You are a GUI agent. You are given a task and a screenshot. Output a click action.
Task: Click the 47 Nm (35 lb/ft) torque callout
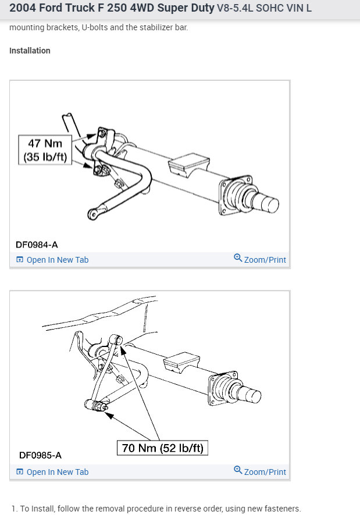(45, 149)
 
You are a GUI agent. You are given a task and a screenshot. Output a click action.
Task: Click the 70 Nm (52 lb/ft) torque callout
(162, 448)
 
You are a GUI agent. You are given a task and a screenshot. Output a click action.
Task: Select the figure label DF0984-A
(37, 245)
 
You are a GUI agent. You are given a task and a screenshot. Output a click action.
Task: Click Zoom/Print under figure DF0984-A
(265, 260)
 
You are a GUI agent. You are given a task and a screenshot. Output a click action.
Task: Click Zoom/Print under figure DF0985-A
(265, 472)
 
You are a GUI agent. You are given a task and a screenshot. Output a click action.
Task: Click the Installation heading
(30, 51)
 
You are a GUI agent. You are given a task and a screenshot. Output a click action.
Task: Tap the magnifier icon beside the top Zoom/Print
(238, 258)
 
